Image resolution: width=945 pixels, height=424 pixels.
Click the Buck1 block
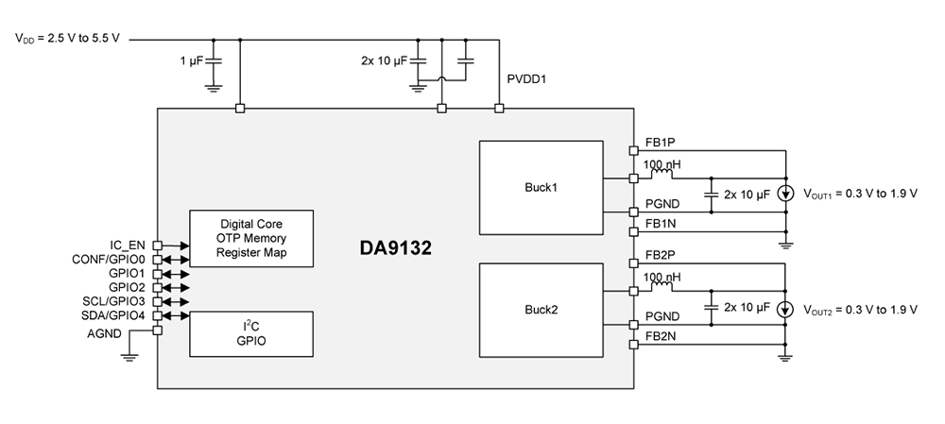point(541,187)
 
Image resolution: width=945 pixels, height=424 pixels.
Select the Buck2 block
point(541,309)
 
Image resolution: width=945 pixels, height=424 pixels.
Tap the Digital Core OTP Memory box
point(251,240)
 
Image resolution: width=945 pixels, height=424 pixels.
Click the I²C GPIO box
point(251,333)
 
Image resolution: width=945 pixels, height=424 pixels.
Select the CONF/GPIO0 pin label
point(109,259)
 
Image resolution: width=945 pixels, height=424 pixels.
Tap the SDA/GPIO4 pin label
point(112,315)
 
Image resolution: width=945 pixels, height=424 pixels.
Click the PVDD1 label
point(527,81)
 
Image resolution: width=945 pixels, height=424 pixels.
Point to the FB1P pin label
point(661,142)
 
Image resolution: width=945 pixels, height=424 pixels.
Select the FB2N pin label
point(661,335)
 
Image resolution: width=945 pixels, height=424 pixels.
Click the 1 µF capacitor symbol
point(214,60)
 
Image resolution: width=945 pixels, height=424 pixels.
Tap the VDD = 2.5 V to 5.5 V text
point(69,40)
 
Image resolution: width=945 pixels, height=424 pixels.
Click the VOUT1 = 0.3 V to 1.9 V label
point(861,195)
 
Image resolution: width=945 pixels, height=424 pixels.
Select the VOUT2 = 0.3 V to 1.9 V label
point(861,309)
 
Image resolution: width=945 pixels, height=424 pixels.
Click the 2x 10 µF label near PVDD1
point(384,60)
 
